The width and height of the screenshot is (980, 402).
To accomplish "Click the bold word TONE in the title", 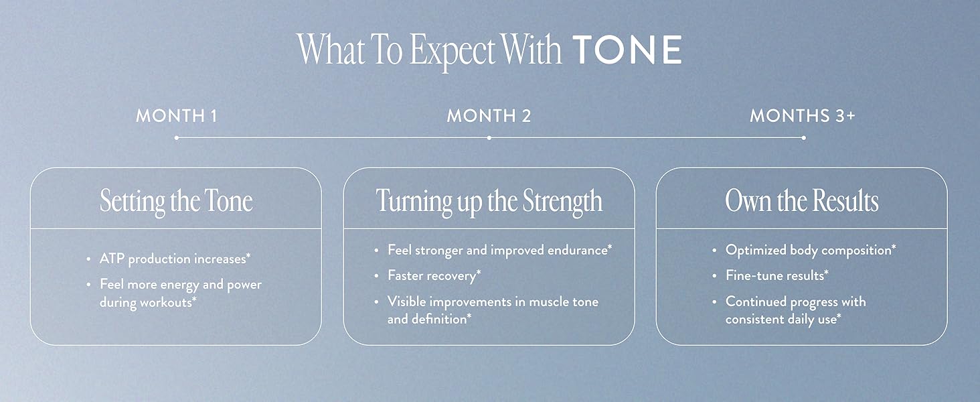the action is click(627, 50).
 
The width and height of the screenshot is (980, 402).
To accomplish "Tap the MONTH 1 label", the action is click(176, 116).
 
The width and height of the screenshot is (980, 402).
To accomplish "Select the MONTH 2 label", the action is click(489, 116).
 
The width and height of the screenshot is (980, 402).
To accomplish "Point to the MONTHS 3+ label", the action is click(803, 116).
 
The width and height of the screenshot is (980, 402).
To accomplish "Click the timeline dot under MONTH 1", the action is click(176, 137).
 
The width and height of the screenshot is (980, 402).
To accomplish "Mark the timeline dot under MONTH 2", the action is click(489, 137).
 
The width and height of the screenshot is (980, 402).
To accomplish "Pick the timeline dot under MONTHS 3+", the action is click(804, 137).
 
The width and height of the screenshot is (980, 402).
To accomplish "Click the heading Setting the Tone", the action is click(176, 202).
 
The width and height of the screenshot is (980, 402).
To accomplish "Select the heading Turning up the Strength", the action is click(489, 202).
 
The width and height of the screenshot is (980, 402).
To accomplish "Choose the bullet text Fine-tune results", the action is click(777, 275).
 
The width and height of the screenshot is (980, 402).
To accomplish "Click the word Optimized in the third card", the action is click(756, 250).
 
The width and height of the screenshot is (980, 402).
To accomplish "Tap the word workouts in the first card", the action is click(167, 302).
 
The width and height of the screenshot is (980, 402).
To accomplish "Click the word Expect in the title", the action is click(452, 51).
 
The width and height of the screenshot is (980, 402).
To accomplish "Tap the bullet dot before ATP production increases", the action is click(88, 259).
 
